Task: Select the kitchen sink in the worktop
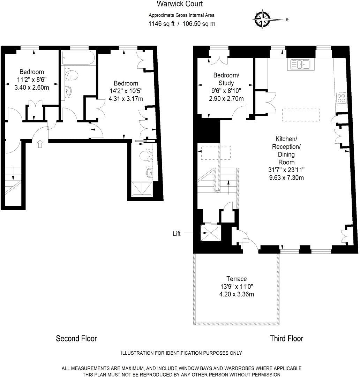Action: point(300,65)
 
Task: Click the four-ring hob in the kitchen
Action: point(340,98)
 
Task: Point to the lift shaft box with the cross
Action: point(211,233)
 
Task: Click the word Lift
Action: point(177,234)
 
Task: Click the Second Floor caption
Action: point(76,338)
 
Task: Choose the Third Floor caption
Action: point(286,338)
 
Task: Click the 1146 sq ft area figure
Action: point(161,24)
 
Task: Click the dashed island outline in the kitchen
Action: point(300,115)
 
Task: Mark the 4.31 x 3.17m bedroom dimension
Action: point(126,99)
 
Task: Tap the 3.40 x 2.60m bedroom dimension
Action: point(32,87)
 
